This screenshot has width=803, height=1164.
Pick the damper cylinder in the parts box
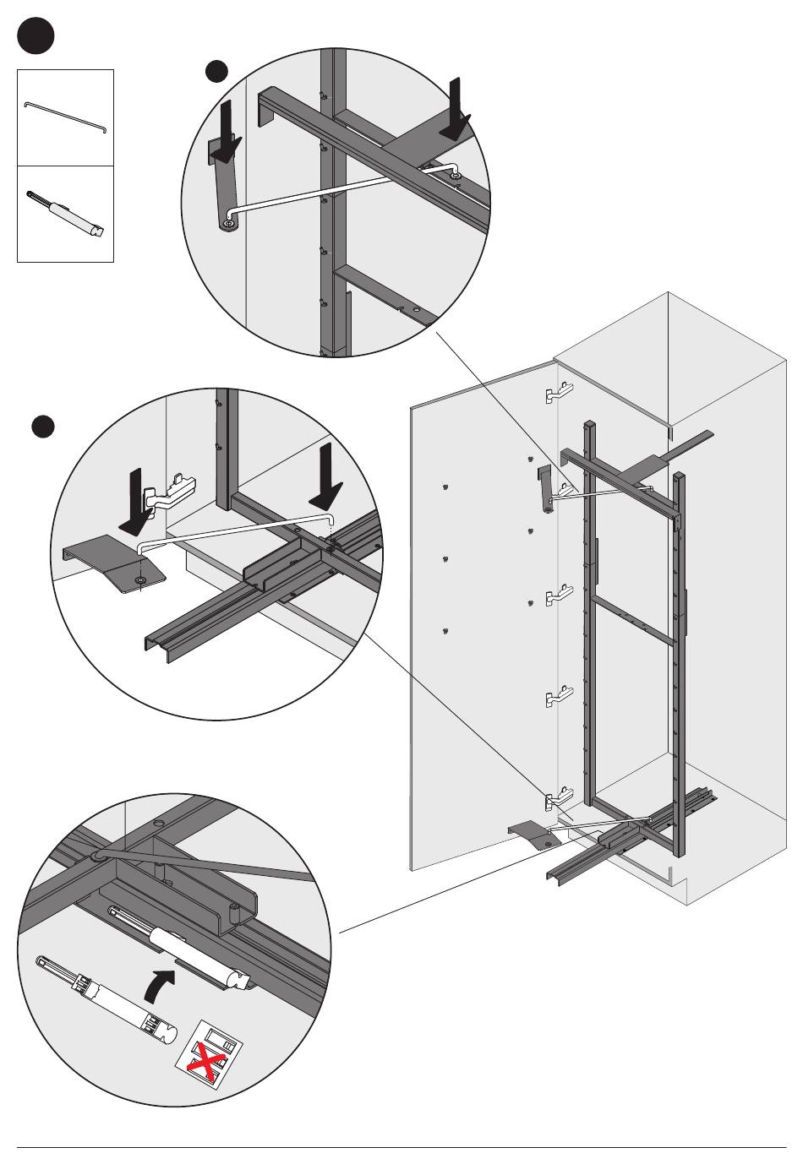tap(67, 215)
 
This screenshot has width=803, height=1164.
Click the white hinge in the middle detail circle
tap(168, 493)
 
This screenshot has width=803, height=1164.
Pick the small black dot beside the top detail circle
tap(218, 72)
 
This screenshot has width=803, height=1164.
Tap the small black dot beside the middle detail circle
tap(43, 427)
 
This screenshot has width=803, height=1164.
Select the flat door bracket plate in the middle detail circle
tap(114, 561)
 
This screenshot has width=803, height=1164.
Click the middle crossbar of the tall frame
tap(634, 617)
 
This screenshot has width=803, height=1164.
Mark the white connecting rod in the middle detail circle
tap(237, 527)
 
